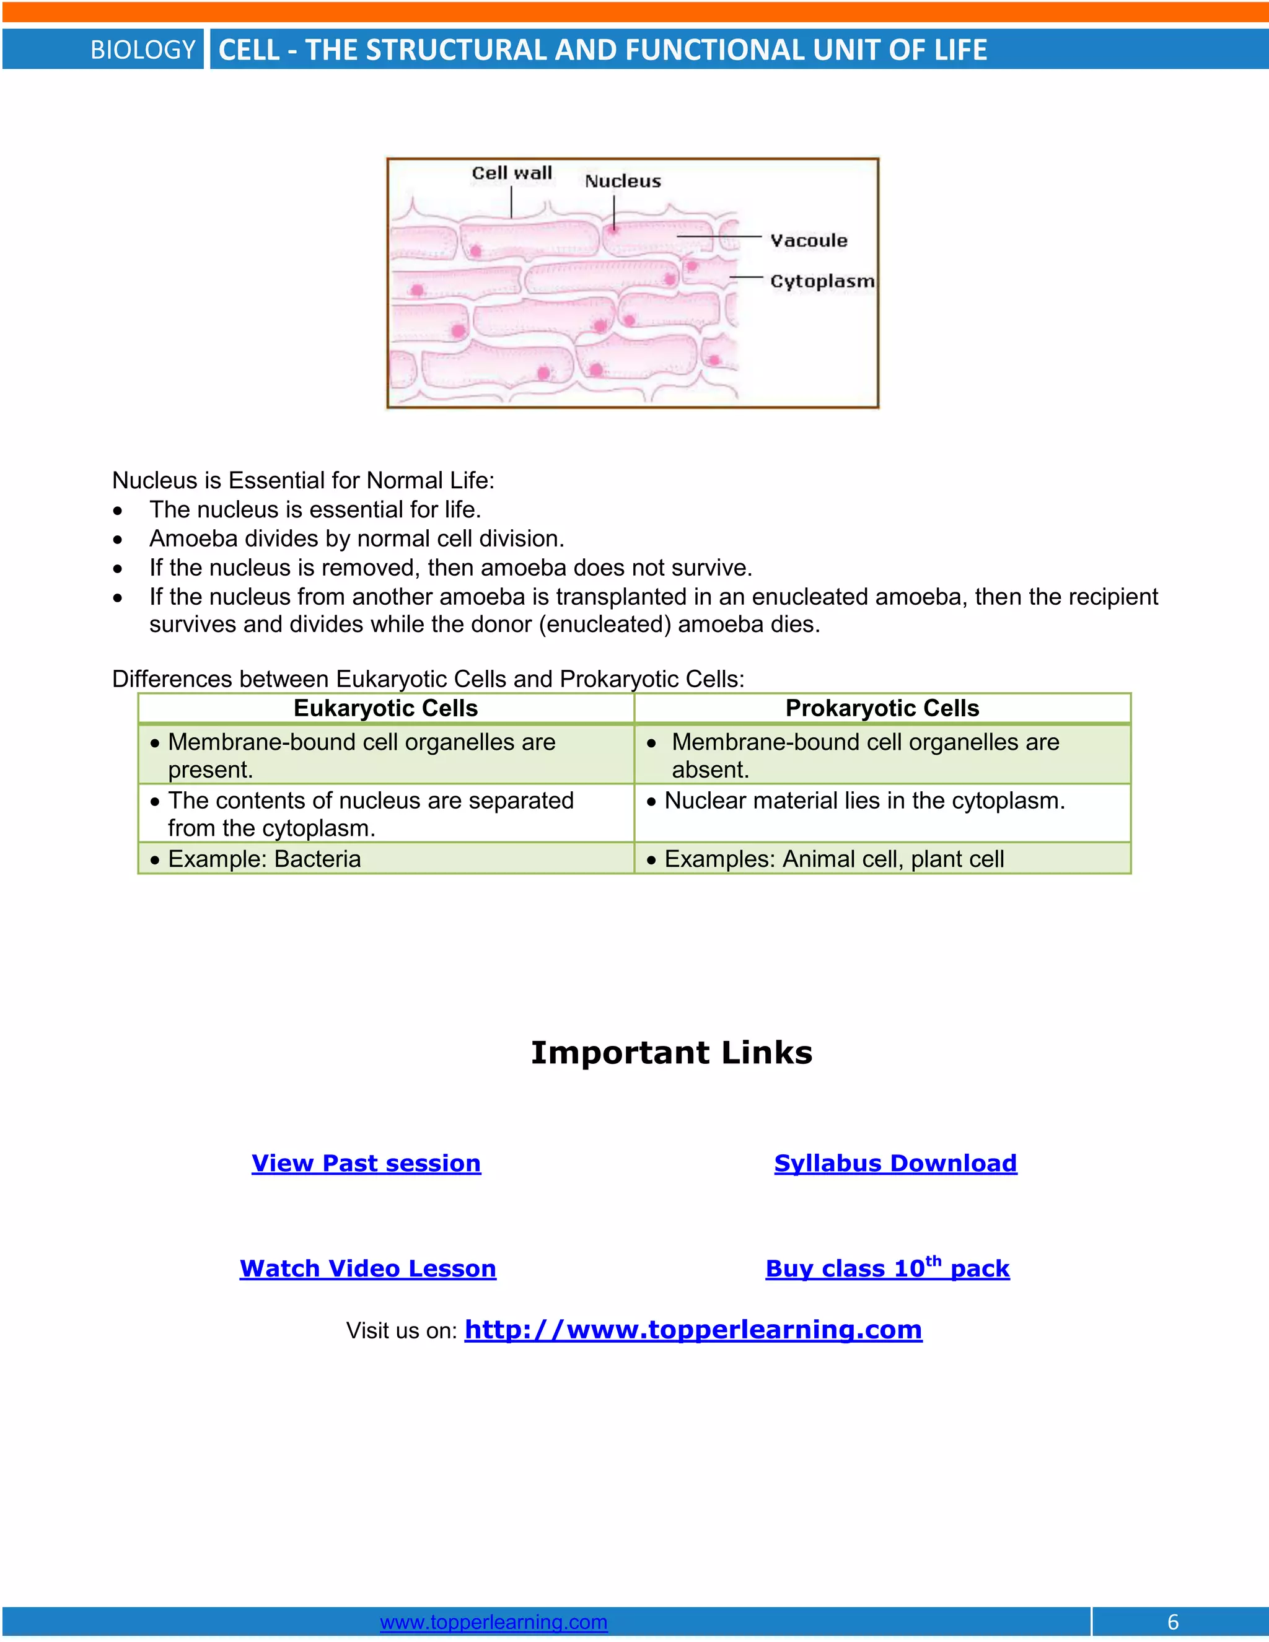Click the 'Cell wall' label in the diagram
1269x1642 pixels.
pyautogui.click(x=511, y=173)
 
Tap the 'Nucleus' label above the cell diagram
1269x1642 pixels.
pyautogui.click(x=623, y=181)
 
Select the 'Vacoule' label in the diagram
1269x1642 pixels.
pyautogui.click(x=808, y=240)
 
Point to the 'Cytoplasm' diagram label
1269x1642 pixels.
pyautogui.click(x=822, y=281)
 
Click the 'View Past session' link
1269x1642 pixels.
pyautogui.click(x=366, y=1163)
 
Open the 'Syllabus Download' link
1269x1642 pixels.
pyautogui.click(x=895, y=1163)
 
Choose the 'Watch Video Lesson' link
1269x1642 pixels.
pyautogui.click(x=367, y=1268)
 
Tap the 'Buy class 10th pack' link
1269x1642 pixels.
pyautogui.click(x=887, y=1268)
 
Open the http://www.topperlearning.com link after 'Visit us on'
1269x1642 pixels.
pyautogui.click(x=693, y=1329)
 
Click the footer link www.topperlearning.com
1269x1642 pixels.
pyautogui.click(x=493, y=1622)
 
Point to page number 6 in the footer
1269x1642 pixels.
pyautogui.click(x=1173, y=1622)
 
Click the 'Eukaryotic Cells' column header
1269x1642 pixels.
pyautogui.click(x=385, y=708)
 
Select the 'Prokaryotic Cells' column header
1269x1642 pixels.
pyautogui.click(x=882, y=708)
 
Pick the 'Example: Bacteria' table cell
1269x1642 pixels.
pyautogui.click(x=264, y=859)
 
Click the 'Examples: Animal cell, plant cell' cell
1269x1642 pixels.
pyautogui.click(x=834, y=859)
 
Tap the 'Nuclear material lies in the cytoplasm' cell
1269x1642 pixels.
pyautogui.click(x=864, y=801)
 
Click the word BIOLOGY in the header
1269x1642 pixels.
pyautogui.click(x=143, y=50)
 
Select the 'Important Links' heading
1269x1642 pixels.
pyautogui.click(x=671, y=1053)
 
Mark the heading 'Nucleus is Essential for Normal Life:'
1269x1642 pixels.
pyautogui.click(x=303, y=480)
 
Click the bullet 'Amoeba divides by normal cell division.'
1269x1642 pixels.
pyautogui.click(x=356, y=538)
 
